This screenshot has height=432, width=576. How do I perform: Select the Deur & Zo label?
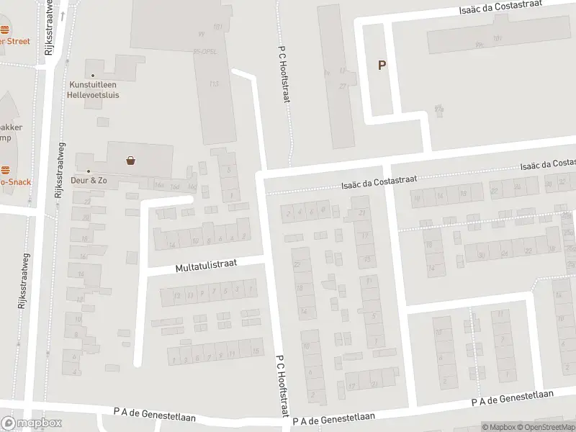89,179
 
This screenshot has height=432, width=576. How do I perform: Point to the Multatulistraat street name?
206,266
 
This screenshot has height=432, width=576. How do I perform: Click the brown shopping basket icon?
131,161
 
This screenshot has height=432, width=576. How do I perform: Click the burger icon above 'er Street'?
5,30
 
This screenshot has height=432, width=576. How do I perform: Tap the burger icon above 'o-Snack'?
5,171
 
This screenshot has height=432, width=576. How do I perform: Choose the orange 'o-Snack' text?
15,182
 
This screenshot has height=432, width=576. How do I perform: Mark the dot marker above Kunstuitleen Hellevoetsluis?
92,75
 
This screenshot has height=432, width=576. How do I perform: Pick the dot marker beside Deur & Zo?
89,171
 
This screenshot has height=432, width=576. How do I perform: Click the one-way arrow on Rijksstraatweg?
63,16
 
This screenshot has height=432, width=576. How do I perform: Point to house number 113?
214,84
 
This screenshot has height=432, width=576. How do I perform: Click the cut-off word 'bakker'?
12,127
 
